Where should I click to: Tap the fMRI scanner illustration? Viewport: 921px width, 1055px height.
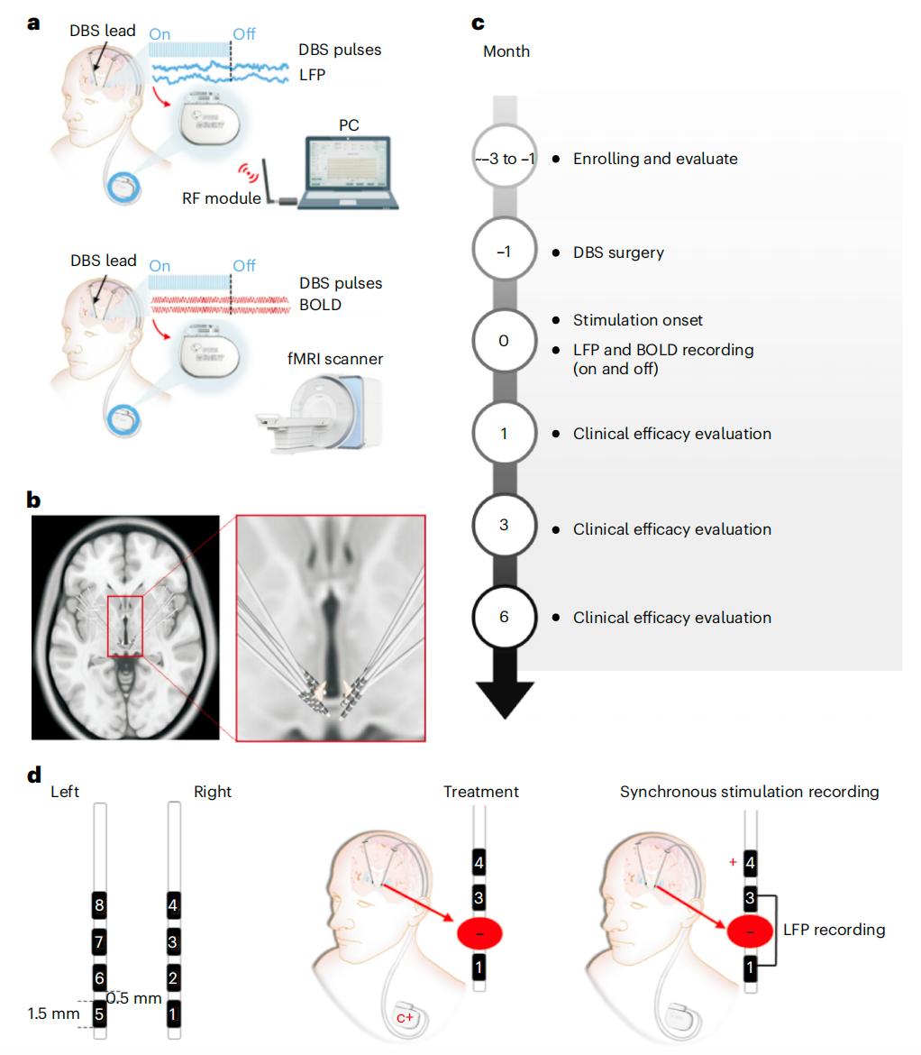click(319, 406)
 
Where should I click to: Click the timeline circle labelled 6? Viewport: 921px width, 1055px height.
click(504, 618)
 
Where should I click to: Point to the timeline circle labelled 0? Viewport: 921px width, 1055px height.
click(504, 341)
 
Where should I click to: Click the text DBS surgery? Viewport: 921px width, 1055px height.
click(618, 252)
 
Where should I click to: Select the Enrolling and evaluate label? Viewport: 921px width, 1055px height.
click(655, 159)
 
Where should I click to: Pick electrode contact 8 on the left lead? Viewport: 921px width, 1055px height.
click(100, 904)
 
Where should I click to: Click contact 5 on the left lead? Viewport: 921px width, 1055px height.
click(100, 1014)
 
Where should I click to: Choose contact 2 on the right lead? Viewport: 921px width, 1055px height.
click(174, 977)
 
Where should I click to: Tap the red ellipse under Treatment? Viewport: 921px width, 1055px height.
click(479, 933)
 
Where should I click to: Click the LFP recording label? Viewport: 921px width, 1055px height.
click(834, 929)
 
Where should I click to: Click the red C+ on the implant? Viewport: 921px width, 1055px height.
click(406, 1018)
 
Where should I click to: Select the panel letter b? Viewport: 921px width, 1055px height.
click(34, 499)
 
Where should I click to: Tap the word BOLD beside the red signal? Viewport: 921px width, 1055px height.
click(320, 305)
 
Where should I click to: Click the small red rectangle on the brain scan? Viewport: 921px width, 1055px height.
click(125, 626)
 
